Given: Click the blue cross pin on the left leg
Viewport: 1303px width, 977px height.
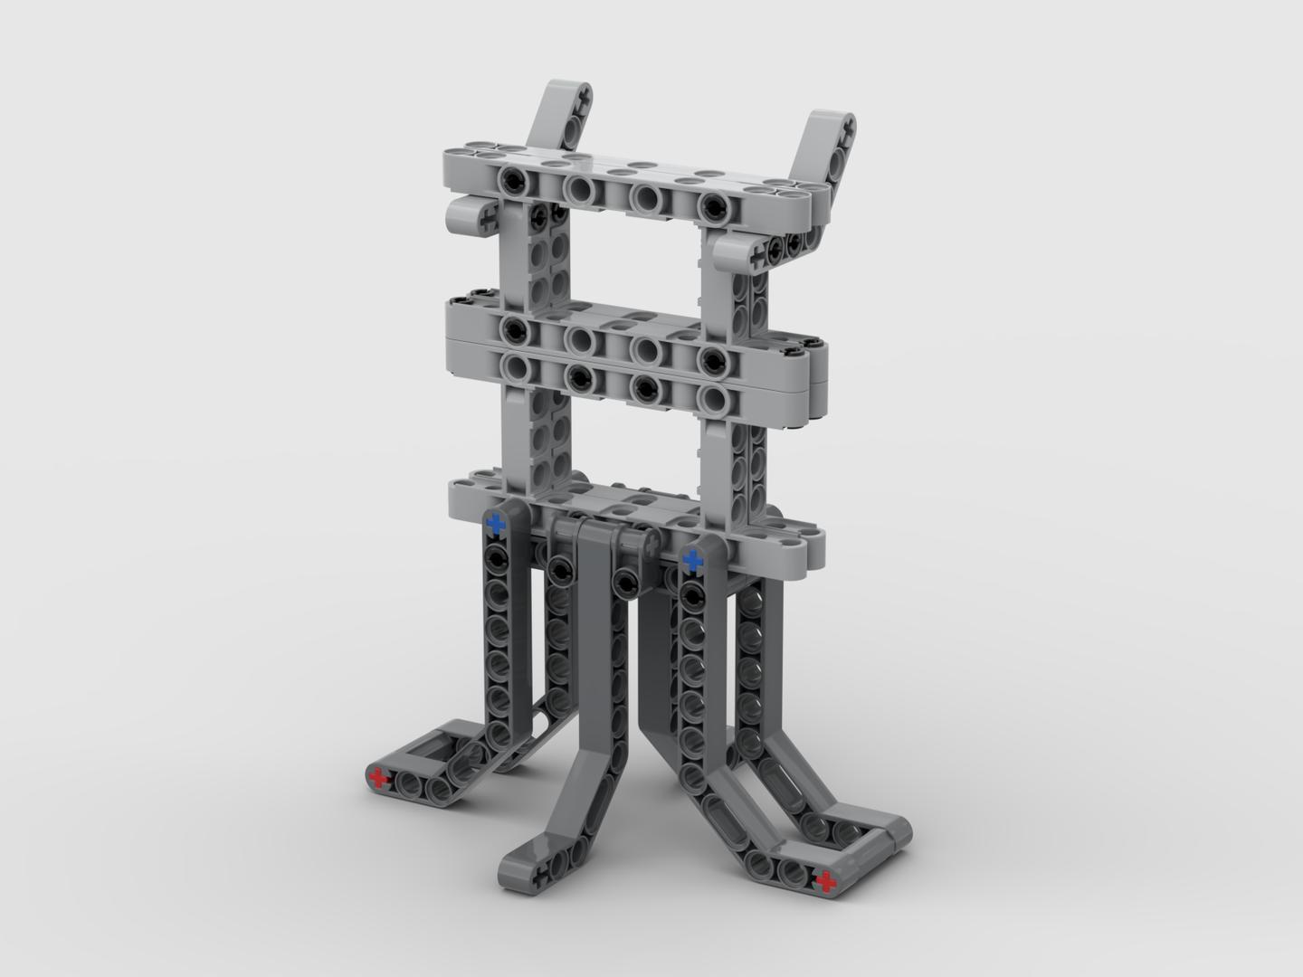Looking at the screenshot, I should point(496,525).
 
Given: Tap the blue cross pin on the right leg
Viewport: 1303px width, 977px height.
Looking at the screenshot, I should point(693,561).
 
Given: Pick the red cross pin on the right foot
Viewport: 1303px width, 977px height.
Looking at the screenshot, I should point(823,880).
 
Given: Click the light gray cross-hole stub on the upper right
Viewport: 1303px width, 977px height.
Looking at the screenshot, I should point(754,255).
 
